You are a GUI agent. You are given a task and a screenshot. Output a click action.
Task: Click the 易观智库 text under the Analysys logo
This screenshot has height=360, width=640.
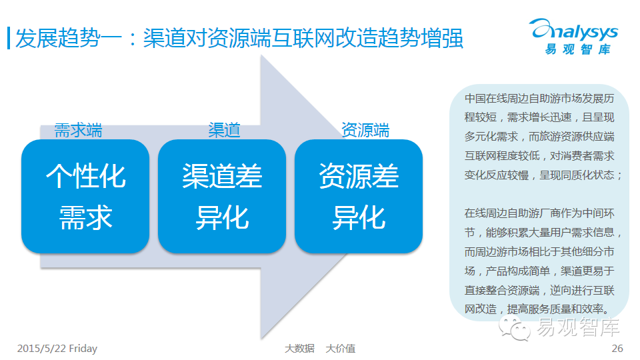(x=577, y=49)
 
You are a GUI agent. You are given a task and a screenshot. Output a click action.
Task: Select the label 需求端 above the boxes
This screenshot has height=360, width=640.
(x=78, y=129)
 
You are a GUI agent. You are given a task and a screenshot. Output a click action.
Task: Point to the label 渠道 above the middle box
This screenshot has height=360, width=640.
(x=224, y=129)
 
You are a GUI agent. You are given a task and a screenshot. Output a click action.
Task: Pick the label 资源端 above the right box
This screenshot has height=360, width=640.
(x=365, y=129)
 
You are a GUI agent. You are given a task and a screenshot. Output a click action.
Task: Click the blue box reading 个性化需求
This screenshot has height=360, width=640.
(x=85, y=197)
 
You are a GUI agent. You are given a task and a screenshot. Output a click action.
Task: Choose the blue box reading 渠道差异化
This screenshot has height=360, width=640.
(x=222, y=197)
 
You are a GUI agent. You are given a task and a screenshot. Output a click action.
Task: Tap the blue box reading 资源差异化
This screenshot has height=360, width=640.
(x=359, y=197)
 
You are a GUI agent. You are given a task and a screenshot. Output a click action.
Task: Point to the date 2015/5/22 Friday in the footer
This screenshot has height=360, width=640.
(x=57, y=348)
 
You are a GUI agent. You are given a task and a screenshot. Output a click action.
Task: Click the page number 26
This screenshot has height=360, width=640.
(x=617, y=348)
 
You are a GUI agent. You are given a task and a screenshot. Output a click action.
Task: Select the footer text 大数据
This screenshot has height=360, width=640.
(x=299, y=348)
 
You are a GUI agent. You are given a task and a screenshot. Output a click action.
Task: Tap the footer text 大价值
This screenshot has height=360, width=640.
(x=340, y=348)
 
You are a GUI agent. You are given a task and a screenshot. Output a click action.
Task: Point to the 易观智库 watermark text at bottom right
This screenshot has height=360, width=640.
(x=579, y=328)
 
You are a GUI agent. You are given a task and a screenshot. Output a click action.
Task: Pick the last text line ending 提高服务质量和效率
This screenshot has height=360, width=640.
(x=537, y=309)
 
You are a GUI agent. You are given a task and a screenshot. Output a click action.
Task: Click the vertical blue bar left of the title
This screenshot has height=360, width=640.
(x=8, y=38)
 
